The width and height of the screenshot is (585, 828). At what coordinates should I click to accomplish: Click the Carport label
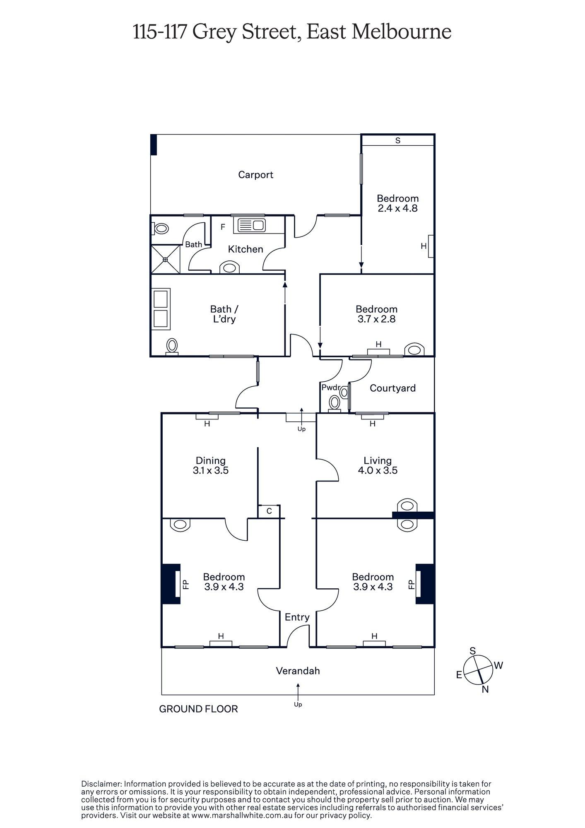pos(255,175)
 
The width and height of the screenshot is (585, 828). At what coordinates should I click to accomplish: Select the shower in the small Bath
pos(165,259)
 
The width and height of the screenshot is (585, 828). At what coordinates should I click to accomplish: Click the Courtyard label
pos(392,388)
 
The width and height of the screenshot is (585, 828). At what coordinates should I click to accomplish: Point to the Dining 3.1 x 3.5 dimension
pos(210,471)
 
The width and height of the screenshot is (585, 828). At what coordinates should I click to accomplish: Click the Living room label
pos(377,460)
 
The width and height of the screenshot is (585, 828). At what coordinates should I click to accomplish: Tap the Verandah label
pos(298,671)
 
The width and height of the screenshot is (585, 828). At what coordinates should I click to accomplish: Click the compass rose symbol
pos(478,670)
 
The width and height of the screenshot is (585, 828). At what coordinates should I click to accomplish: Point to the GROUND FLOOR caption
pos(198,709)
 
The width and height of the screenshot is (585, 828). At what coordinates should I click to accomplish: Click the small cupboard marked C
pos(269,511)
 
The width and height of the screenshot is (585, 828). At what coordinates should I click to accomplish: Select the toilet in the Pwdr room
pos(334,402)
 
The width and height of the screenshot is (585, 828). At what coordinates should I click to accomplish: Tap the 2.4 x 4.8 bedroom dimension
pos(397,208)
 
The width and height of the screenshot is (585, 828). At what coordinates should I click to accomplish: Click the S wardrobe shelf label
pos(397,140)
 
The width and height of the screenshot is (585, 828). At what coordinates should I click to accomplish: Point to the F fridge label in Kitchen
pos(223,227)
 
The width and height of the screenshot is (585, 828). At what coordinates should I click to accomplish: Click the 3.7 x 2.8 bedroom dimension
pos(376,319)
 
